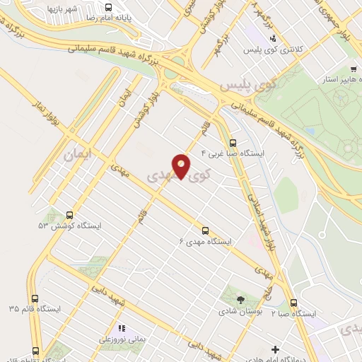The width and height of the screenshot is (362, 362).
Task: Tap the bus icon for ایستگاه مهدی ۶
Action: (206, 230)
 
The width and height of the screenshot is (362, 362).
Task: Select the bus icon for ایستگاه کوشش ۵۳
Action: (69, 215)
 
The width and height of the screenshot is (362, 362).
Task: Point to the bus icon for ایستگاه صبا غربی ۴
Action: (233, 143)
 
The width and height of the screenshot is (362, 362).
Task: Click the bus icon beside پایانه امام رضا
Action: (107, 8)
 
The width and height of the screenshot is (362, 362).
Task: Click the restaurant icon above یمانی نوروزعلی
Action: (122, 328)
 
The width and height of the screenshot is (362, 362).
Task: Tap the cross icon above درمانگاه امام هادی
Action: (275, 349)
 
